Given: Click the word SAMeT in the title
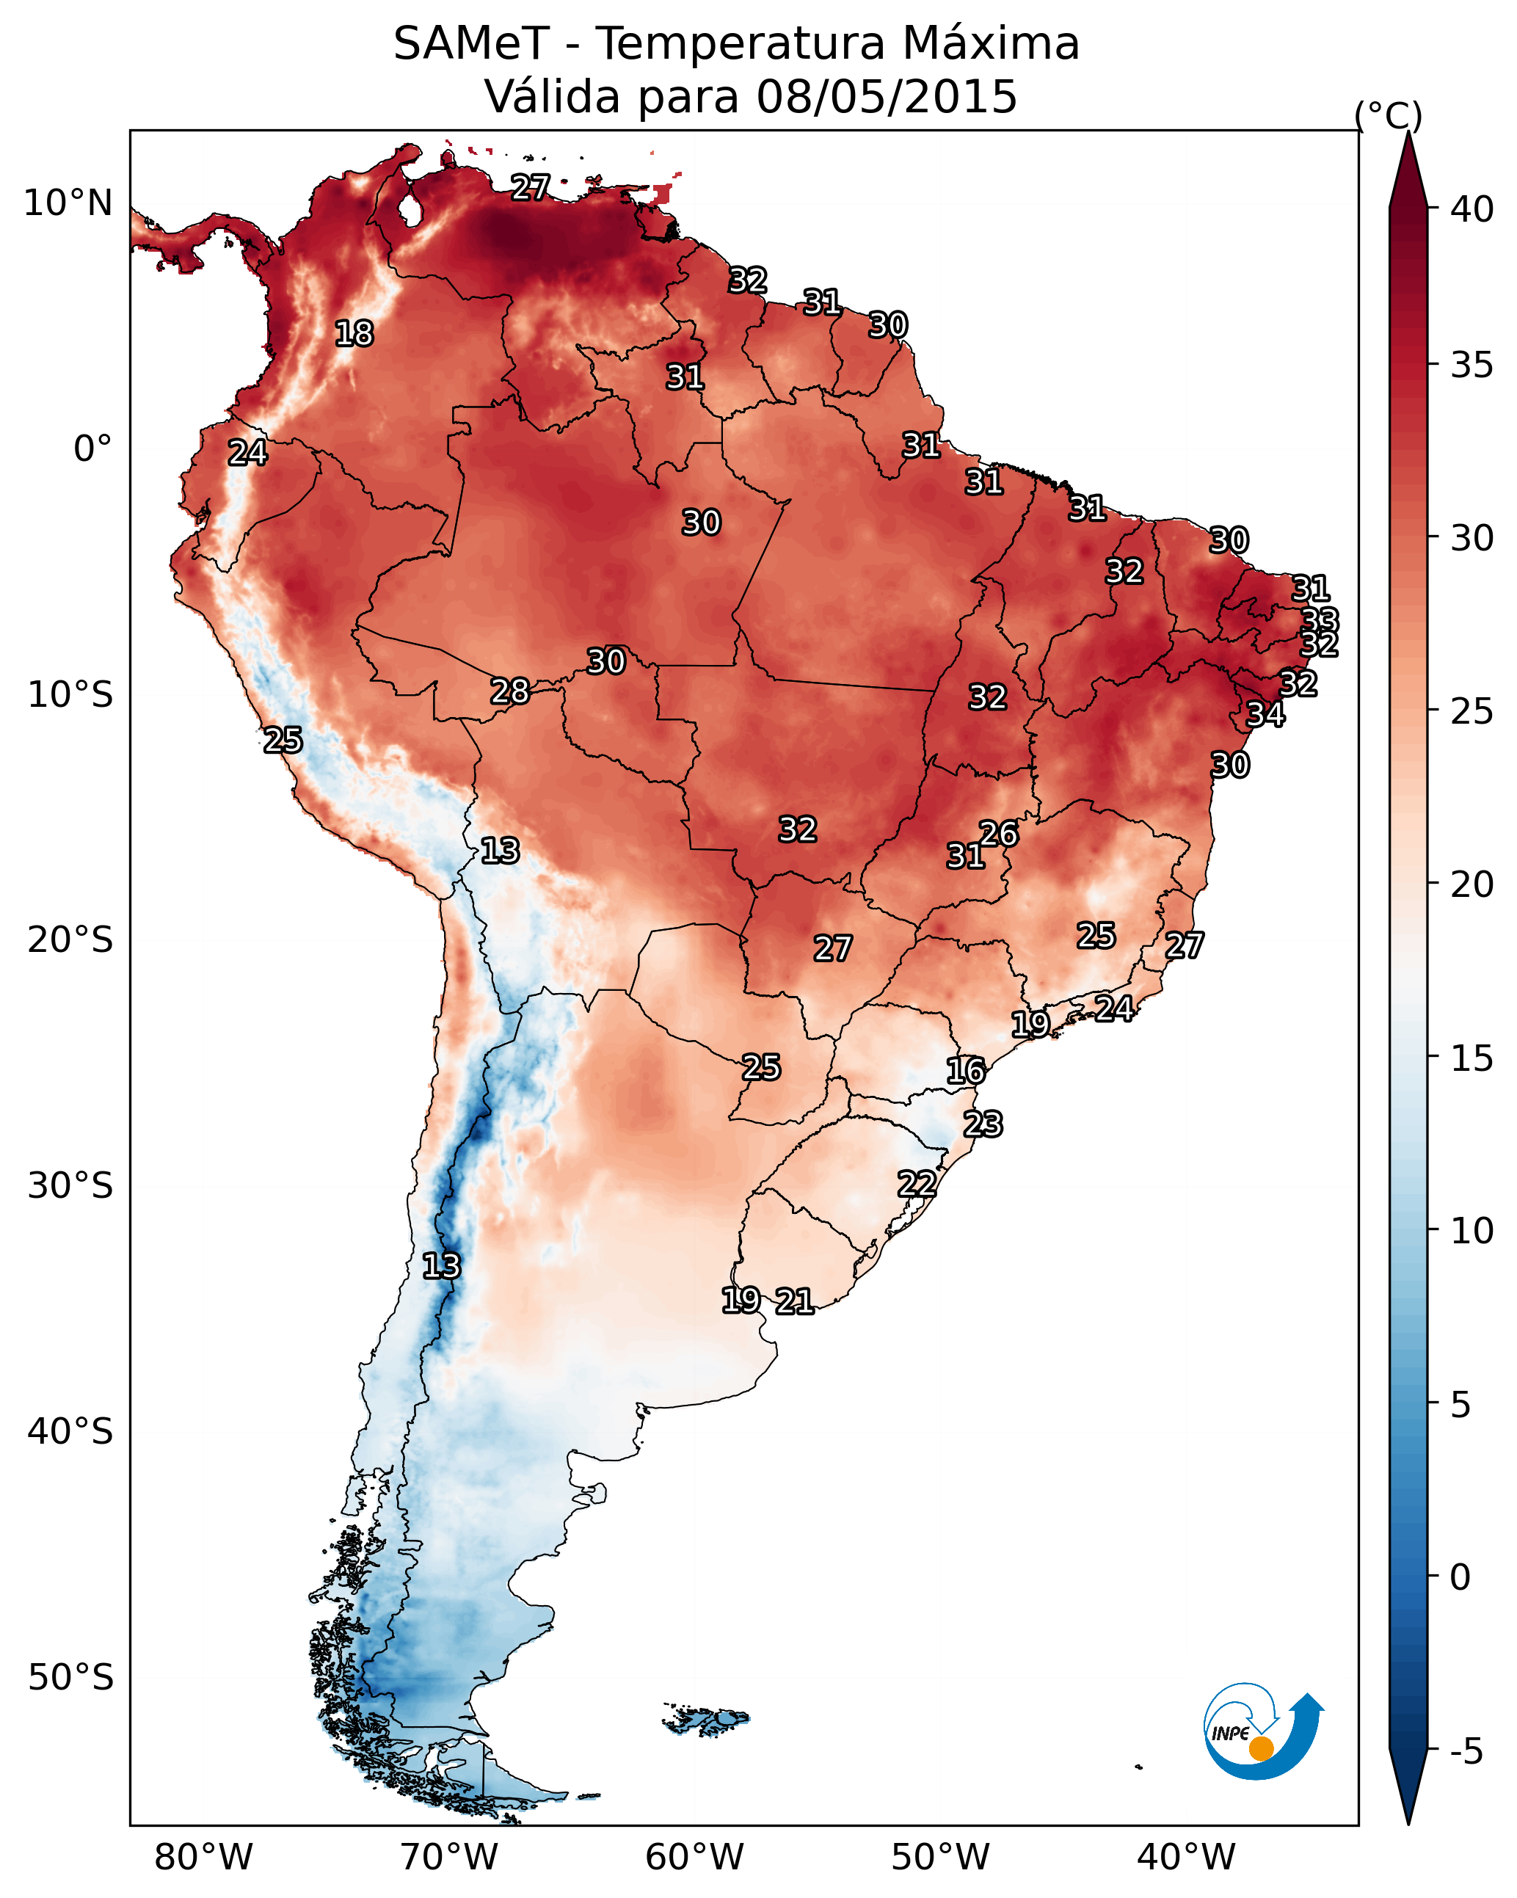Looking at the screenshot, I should click(x=471, y=44).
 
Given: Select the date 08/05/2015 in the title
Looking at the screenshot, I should click(x=886, y=97).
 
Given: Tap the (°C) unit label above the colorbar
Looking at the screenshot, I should click(x=1388, y=115).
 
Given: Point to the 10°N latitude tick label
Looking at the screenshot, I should click(x=68, y=203).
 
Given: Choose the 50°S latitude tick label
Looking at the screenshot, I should click(x=70, y=1678).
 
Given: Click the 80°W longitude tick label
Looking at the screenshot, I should click(x=203, y=1858).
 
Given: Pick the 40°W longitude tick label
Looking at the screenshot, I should click(x=1186, y=1858).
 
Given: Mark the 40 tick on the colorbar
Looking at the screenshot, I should click(x=1472, y=209).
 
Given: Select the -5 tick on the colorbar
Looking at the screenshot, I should click(x=1466, y=1752).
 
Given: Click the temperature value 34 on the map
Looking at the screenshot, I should click(x=1265, y=714).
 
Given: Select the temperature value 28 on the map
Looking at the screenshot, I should click(x=510, y=691).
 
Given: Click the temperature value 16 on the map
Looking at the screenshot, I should click(x=966, y=1071).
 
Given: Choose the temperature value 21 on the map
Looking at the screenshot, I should click(x=794, y=1301).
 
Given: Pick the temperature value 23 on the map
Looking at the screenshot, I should click(x=983, y=1124).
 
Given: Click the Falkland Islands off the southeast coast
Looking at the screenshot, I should click(x=707, y=1720).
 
